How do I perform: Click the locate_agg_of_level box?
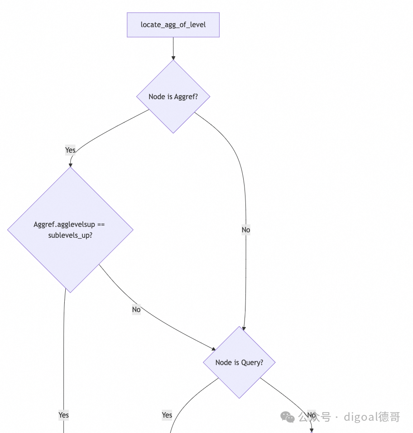coord(173,25)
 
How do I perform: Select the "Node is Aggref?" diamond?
coord(173,96)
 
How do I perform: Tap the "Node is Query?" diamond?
coord(239,362)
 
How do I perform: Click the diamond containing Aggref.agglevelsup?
coord(70,230)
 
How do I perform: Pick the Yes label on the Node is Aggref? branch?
coord(70,150)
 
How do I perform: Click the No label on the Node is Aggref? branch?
coord(246,230)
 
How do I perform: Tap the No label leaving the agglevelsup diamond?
coord(136,309)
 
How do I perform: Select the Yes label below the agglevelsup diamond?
coord(63,415)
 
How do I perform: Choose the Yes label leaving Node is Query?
coord(167,415)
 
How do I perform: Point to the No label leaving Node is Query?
coord(312,415)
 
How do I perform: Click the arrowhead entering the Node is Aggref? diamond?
coord(173,58)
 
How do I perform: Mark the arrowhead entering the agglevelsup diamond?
coord(70,165)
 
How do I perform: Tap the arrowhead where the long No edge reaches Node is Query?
coord(244,329)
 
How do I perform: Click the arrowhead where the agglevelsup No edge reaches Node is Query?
coord(213,349)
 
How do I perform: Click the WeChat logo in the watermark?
coord(288,417)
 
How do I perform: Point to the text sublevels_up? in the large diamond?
coord(70,235)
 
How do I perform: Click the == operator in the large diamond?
coord(101,225)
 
